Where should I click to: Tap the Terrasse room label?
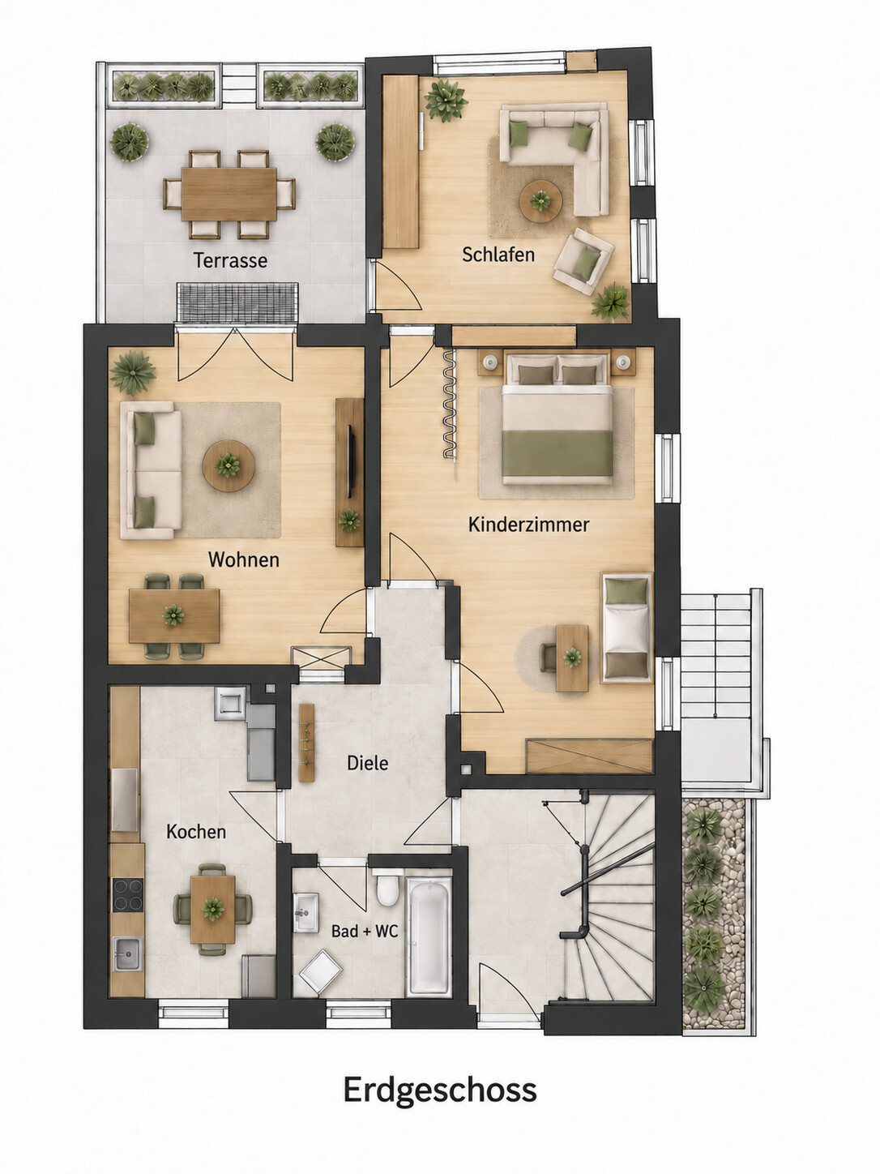point(230,260)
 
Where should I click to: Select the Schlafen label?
point(498,255)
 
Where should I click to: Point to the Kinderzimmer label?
point(528,525)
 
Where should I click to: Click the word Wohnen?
point(244,560)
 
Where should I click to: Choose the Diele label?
point(367,763)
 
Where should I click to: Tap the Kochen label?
point(196,832)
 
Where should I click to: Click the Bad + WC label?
point(365,932)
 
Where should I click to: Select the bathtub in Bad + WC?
point(429,936)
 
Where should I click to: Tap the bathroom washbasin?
point(305,913)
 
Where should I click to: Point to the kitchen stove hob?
point(128,895)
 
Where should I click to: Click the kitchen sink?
point(128,953)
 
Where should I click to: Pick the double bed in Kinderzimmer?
point(557,419)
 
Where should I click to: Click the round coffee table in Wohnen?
point(229,465)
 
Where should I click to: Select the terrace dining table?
point(229,194)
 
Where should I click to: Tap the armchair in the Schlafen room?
point(583,262)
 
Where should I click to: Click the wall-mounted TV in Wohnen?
point(351,461)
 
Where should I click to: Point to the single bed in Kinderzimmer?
point(627,628)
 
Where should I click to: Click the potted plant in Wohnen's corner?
point(132,371)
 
